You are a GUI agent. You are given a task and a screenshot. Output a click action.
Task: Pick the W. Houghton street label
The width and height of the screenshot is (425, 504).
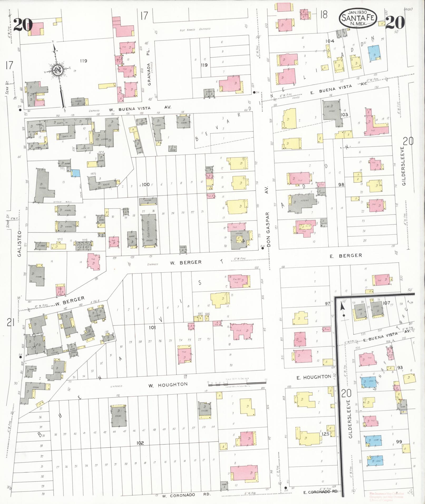[x=168, y=385]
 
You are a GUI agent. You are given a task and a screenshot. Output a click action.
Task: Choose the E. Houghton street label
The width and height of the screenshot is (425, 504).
[x=314, y=377]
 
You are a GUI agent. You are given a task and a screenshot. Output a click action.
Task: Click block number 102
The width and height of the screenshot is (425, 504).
[x=140, y=443]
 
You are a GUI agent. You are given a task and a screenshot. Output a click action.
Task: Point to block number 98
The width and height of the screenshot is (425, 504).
[x=341, y=185]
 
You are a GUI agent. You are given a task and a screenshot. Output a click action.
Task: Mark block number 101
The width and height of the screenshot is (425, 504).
[x=152, y=327]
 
